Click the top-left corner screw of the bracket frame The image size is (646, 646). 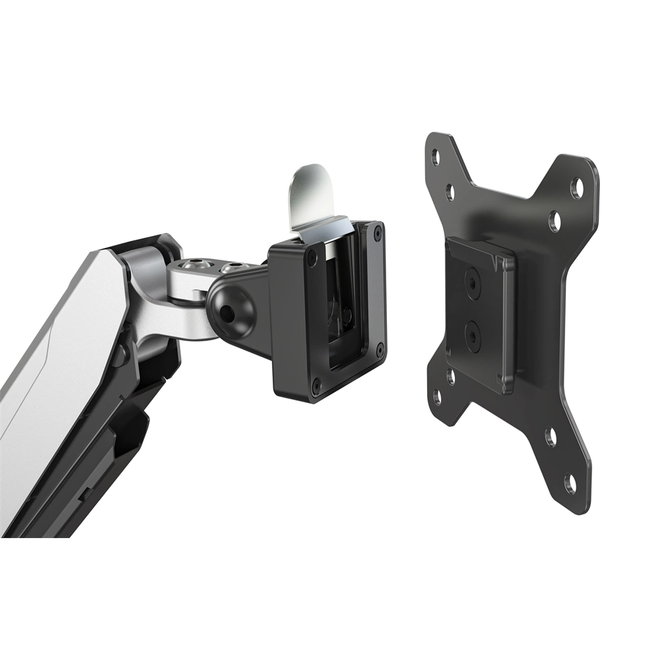click(313, 256)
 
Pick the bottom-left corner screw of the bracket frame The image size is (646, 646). click(316, 389)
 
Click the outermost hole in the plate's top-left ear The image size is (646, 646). click(435, 156)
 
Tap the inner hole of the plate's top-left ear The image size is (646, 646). click(450, 191)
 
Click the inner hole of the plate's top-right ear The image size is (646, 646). click(554, 222)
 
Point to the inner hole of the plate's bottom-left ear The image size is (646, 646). click(451, 375)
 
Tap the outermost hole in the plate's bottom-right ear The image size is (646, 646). click(569, 483)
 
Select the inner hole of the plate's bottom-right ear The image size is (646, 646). click(550, 438)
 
